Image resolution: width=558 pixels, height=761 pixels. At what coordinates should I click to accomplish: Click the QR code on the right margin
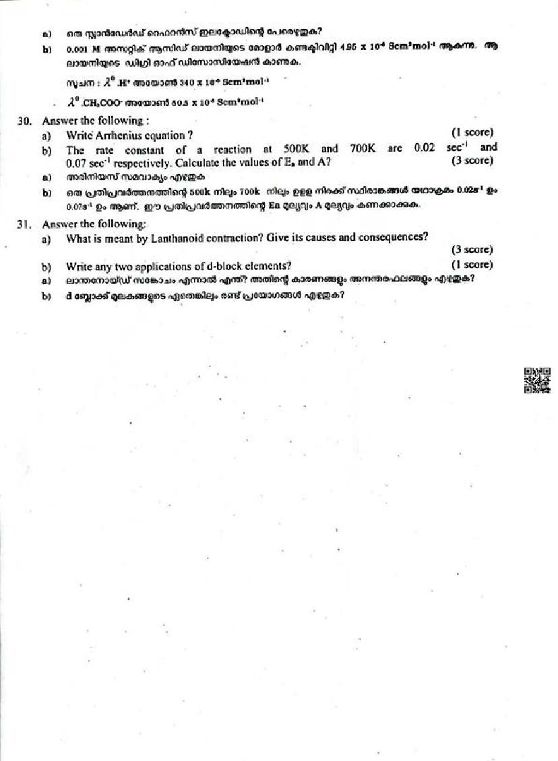(x=536, y=380)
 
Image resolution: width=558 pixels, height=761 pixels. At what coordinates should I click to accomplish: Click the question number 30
(x=24, y=121)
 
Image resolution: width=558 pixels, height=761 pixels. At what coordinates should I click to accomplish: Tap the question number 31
(x=24, y=224)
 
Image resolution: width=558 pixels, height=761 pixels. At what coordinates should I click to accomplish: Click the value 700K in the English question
(x=363, y=148)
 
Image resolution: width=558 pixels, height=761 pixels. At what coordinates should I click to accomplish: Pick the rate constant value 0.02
(x=425, y=148)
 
